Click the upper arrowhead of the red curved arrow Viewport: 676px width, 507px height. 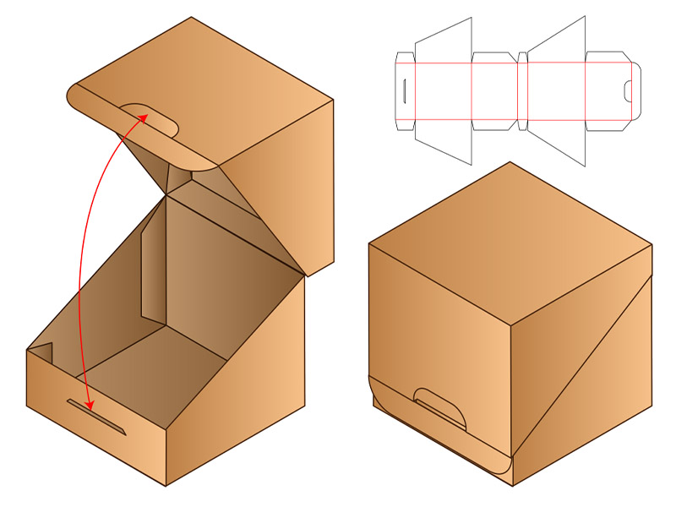[x=141, y=116]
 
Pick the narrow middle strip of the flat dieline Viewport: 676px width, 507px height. [x=522, y=90]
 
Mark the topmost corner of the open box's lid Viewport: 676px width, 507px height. [x=191, y=18]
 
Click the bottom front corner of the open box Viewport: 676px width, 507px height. [x=166, y=485]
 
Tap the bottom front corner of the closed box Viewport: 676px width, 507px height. [x=512, y=485]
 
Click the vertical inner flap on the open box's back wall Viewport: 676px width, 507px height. [x=152, y=270]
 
